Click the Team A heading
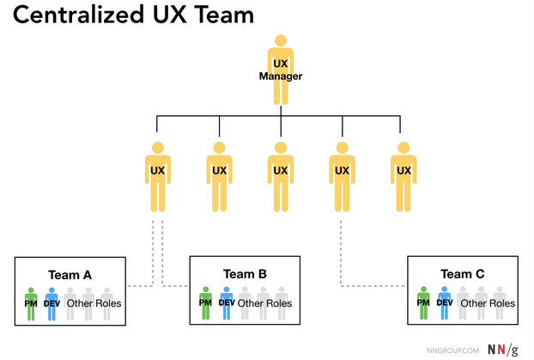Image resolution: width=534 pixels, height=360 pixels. pyautogui.click(x=70, y=275)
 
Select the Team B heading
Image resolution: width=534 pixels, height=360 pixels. pyautogui.click(x=245, y=274)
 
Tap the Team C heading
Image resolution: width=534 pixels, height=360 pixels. pyautogui.click(x=463, y=274)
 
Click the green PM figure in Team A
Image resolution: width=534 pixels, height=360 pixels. pyautogui.click(x=32, y=303)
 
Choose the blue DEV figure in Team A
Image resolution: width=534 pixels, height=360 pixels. pyautogui.click(x=52, y=303)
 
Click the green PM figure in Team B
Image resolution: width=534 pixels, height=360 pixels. pyautogui.click(x=206, y=302)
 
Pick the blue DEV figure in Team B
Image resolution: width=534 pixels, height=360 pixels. pyautogui.click(x=227, y=302)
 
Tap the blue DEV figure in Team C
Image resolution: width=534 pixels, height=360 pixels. pyautogui.click(x=444, y=302)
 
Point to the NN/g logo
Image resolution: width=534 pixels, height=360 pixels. pyautogui.click(x=502, y=349)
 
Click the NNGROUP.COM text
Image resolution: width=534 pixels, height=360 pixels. pyautogui.click(x=452, y=350)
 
